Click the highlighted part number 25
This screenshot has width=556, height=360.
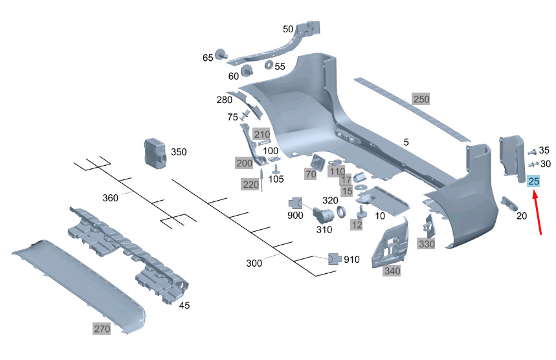coord(534,181)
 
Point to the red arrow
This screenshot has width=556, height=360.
coord(538,214)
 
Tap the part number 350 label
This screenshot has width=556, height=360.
coord(178,152)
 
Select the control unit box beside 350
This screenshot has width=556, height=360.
coord(155,153)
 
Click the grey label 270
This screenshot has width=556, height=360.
coord(102,329)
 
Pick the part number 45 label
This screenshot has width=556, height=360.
coord(184,305)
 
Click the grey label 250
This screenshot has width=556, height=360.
coord(421,99)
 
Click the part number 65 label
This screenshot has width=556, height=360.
coord(208,58)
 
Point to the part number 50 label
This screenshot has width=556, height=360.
coord(288,28)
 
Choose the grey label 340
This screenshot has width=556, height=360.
coord(392,271)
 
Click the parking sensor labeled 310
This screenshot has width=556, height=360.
coord(323,216)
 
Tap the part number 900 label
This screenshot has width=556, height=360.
coord(295,215)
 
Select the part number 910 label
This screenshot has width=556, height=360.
coord(351,260)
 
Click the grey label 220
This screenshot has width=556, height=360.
coord(250,185)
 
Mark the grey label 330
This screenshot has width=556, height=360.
coord(427,244)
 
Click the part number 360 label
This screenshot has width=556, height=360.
coord(111,197)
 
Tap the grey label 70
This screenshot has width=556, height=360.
coord(311,174)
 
